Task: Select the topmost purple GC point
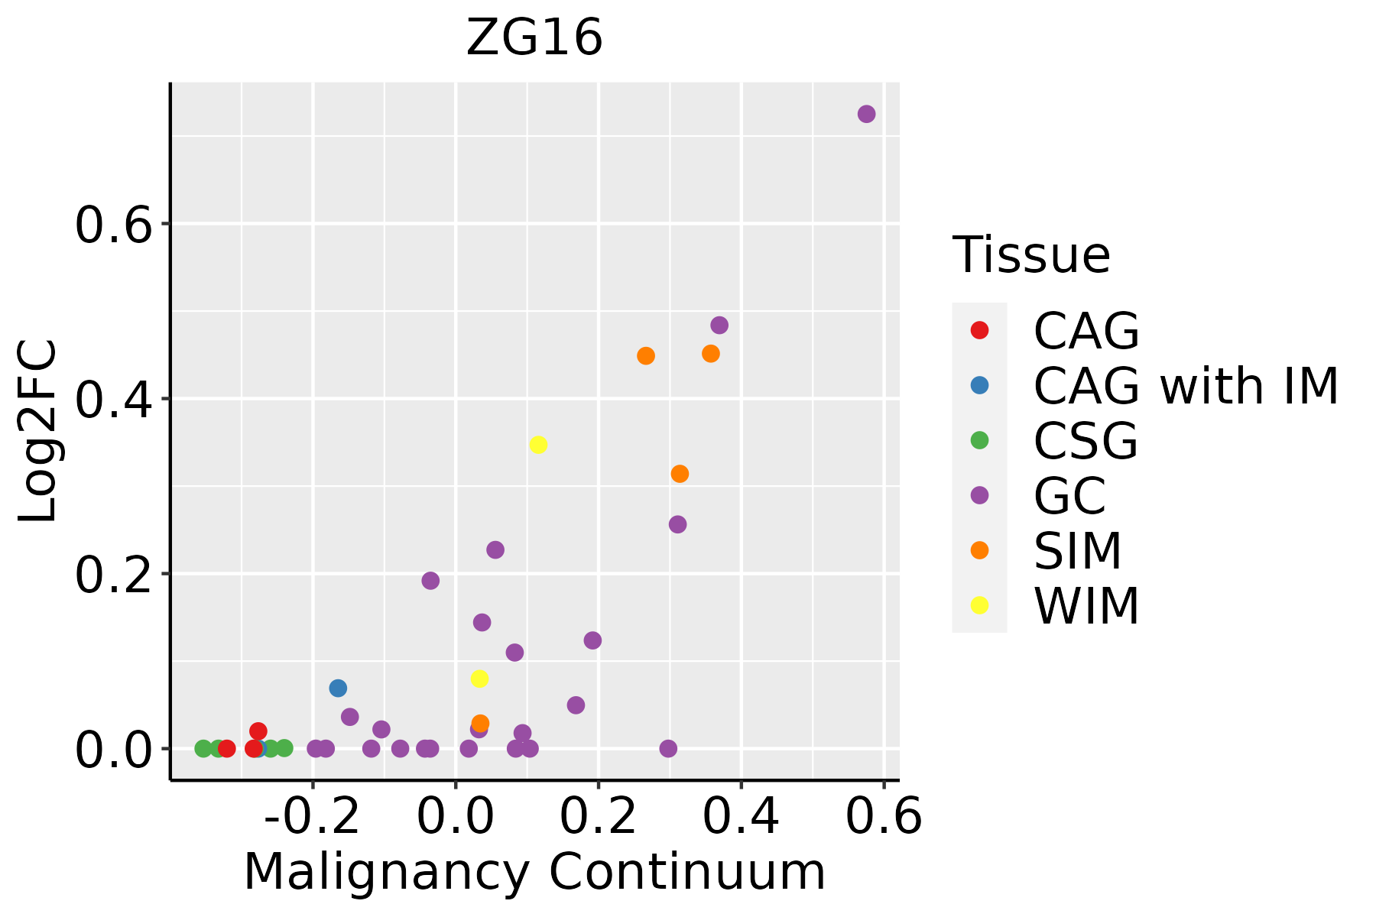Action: coord(866,114)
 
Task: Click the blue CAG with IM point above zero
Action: coord(338,688)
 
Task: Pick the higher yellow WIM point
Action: coord(538,445)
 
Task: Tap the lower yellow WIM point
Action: coord(479,679)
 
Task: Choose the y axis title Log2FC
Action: coord(38,432)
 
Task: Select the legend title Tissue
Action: coord(1031,255)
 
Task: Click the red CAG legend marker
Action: coord(979,330)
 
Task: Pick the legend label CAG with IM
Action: coord(1186,386)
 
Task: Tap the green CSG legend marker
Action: coord(979,440)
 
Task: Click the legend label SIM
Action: coord(1078,551)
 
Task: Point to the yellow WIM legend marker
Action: coord(979,605)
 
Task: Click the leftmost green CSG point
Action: coord(203,748)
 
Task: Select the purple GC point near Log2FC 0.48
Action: coord(719,326)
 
